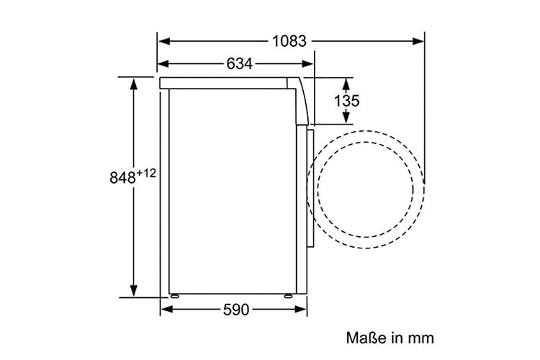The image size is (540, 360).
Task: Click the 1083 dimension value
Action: click(289, 41)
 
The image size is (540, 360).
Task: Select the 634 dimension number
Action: click(239, 64)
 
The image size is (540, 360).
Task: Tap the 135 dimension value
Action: click(346, 101)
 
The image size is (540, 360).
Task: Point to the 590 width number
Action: click(236, 310)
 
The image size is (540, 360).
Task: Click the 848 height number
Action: click(122, 178)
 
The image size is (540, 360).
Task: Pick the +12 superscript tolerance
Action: click(146, 173)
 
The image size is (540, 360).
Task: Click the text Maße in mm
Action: click(390, 338)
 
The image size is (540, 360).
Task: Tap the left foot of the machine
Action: click(174, 296)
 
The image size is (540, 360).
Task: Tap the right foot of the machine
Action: click(288, 296)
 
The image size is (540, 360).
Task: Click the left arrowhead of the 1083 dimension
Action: click(164, 41)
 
